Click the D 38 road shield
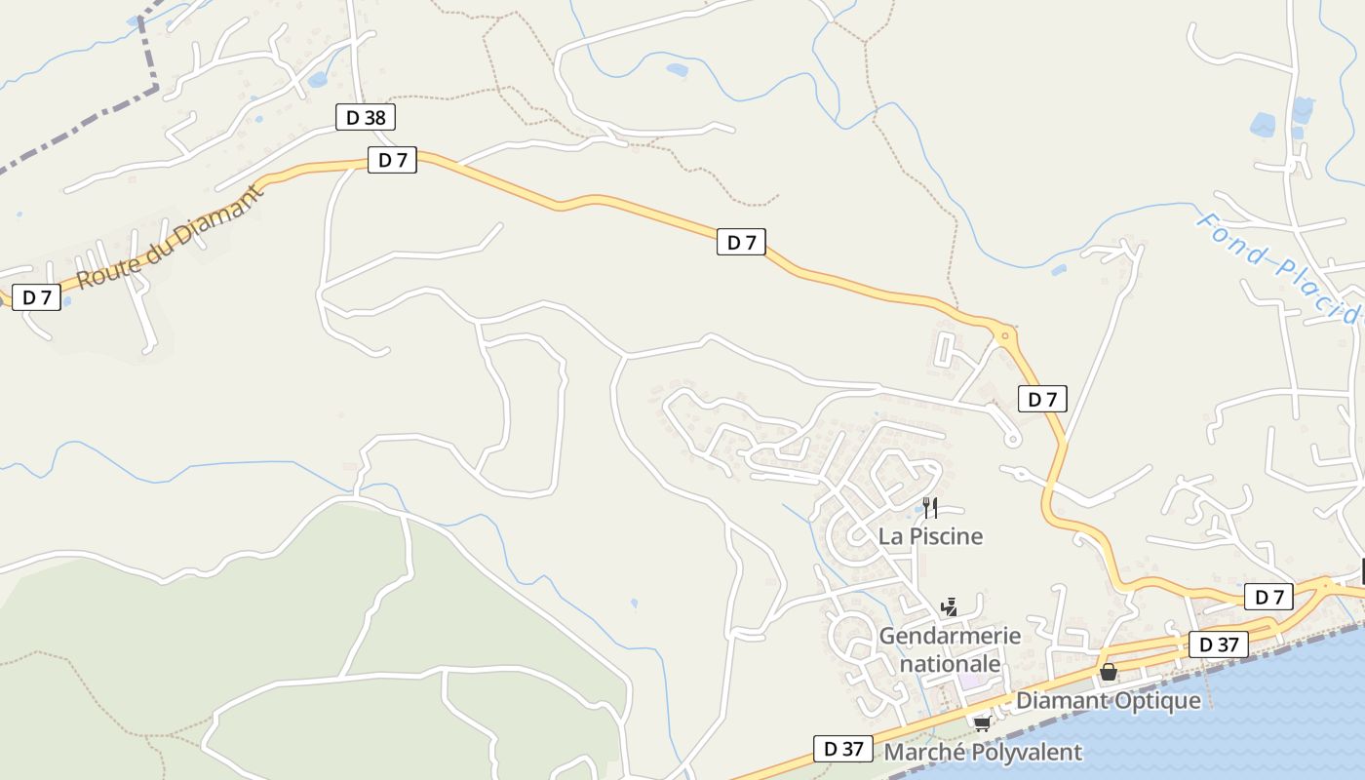click(366, 118)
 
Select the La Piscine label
click(930, 536)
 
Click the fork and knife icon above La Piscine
click(930, 507)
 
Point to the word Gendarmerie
click(950, 636)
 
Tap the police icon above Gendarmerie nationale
click(949, 607)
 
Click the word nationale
click(950, 664)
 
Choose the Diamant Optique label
click(1109, 700)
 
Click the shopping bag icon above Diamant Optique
click(1109, 672)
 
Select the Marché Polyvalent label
click(982, 752)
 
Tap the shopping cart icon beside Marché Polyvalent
click(982, 723)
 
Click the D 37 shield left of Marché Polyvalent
click(842, 749)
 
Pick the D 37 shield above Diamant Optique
click(1218, 643)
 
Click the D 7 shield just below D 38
click(392, 160)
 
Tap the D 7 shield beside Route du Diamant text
click(37, 297)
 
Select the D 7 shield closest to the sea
click(1268, 597)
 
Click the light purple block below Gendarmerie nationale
click(969, 683)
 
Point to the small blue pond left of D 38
click(317, 80)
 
